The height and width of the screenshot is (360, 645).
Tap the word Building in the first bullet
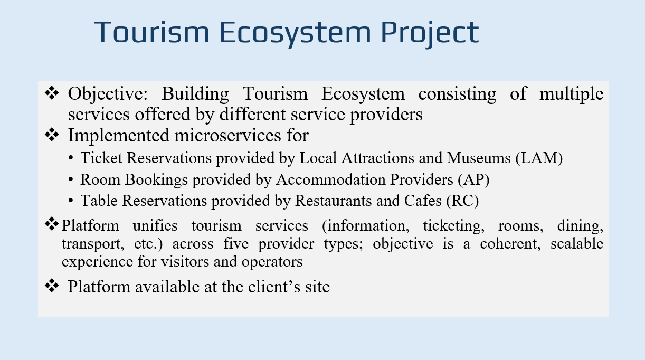click(195, 94)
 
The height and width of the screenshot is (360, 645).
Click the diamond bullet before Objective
click(53, 93)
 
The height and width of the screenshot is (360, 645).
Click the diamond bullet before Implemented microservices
click(53, 135)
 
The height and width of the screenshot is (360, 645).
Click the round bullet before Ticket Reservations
click(71, 158)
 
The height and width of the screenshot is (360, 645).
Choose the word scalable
click(576, 244)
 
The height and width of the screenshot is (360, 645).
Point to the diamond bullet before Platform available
click(53, 286)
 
